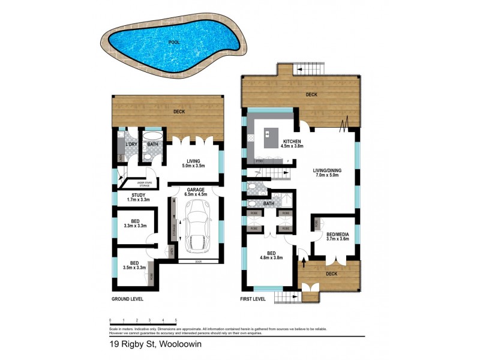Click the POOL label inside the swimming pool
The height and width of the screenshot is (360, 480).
coord(174,43)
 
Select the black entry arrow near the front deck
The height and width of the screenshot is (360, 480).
coord(303,262)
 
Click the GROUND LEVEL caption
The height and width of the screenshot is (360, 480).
coord(127,298)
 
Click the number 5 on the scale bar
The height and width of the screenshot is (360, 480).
coord(176,320)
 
